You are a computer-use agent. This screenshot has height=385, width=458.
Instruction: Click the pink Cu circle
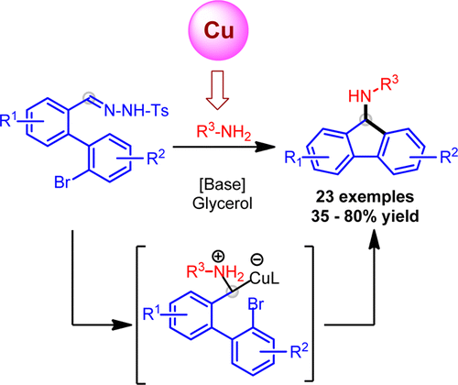[219, 30]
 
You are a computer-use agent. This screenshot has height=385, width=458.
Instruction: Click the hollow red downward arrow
[218, 90]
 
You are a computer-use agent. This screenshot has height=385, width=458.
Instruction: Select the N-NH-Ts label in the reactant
[136, 110]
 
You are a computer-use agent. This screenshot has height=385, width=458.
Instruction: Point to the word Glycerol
[223, 203]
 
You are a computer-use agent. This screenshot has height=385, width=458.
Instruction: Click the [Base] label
[223, 184]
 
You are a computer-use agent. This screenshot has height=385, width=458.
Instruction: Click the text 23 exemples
[365, 197]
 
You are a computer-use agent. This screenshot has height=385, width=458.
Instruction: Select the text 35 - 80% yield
[365, 216]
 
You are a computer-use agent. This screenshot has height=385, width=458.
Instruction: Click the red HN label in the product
[359, 96]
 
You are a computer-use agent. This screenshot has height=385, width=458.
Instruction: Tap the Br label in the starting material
[62, 182]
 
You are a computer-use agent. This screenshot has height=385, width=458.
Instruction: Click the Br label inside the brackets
[256, 304]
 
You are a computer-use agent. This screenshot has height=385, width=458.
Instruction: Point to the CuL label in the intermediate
[265, 279]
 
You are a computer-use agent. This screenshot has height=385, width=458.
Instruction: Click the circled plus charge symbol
[218, 257]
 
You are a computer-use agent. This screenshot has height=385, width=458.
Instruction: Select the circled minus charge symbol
[256, 259]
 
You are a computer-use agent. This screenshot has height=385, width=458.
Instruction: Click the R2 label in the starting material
[156, 158]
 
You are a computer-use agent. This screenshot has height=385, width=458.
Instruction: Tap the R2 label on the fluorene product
[449, 156]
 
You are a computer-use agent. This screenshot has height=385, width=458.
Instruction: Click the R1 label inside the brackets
[152, 313]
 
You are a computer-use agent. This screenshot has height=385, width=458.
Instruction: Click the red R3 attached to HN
[390, 83]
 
